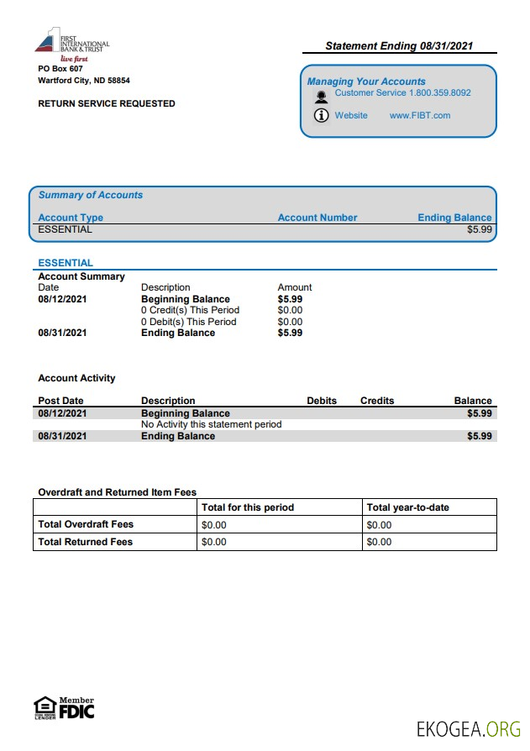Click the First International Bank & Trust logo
coord(73,45)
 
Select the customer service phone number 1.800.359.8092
coord(439,93)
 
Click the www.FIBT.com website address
coord(420,116)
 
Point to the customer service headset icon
coord(321,96)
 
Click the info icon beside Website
coord(321,116)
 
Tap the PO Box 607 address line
coord(60,68)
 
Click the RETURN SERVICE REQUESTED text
coord(107,104)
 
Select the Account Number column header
coord(317,218)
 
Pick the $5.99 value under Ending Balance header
coord(480,229)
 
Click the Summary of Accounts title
coord(91,195)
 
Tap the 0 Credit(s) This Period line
coord(190,310)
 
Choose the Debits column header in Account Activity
coord(322,401)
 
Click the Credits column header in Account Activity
coord(377,401)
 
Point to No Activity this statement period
coord(211,424)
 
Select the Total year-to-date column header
coord(407,507)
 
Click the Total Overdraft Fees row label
coord(86,524)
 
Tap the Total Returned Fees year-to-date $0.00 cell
coord(380,542)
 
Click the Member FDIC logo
coord(76,708)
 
